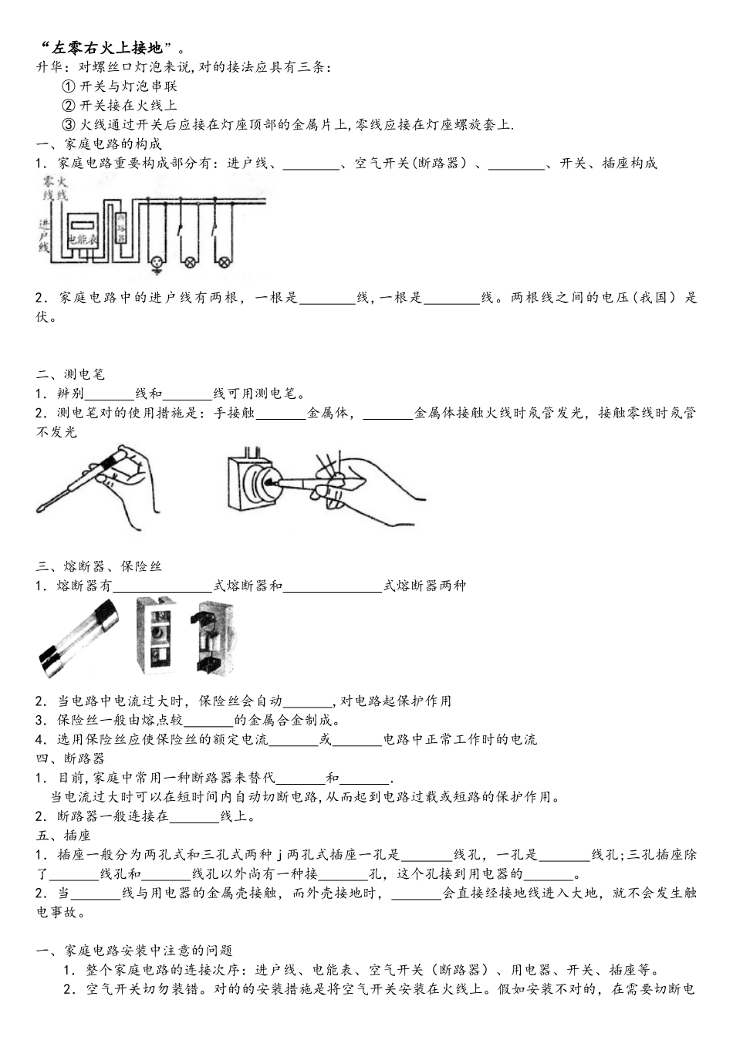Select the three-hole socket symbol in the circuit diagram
[158, 262]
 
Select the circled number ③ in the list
[68, 125]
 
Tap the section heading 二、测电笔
[70, 374]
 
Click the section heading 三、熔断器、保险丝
[100, 566]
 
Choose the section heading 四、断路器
[70, 758]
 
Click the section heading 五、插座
[63, 836]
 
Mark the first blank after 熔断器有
[163, 586]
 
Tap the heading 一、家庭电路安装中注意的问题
[135, 951]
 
